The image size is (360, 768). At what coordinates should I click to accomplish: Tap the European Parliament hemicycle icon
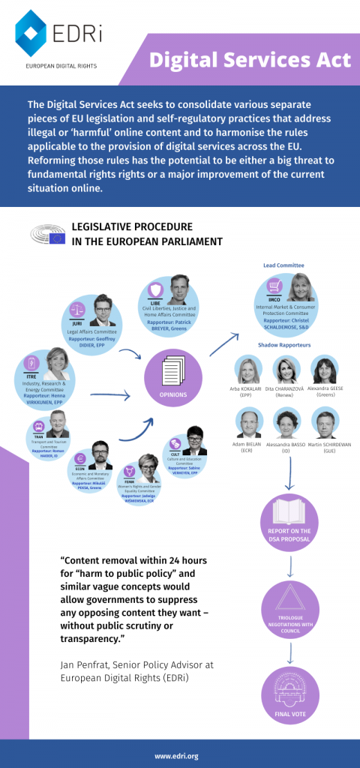pos(46,235)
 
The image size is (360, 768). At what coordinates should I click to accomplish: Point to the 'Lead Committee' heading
pos(283,265)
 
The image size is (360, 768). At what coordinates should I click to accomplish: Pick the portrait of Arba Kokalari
pos(248,370)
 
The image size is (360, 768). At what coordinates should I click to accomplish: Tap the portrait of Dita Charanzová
pos(286,370)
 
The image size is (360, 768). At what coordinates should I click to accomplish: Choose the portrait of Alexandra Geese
pos(325,370)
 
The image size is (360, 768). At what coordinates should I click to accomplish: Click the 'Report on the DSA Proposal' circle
pos(289,522)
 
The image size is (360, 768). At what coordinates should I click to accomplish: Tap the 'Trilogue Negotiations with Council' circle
pos(289,607)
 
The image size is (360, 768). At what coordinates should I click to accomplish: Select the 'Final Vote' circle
pos(289,694)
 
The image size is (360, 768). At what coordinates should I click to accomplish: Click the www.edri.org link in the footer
pos(180,756)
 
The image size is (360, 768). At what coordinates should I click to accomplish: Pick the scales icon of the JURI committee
pos(76,308)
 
